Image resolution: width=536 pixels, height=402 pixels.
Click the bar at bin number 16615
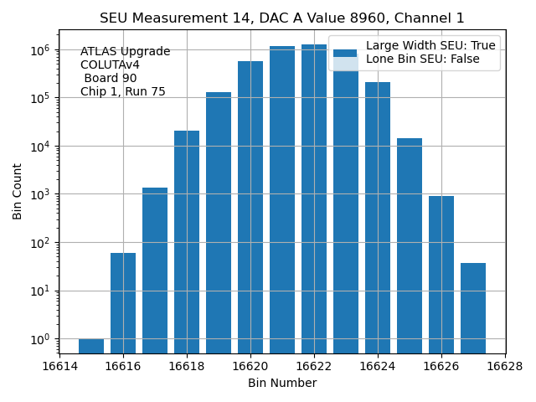pos(91,346)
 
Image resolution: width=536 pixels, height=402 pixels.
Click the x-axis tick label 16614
pos(59,367)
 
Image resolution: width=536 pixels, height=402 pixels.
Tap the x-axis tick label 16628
pos(505,367)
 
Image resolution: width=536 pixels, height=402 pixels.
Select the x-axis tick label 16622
pos(314,367)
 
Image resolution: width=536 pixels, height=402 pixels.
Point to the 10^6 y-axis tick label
pos(39,50)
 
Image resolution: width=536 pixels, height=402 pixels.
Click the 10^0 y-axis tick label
pos(39,339)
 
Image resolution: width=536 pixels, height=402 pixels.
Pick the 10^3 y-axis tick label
pos(39,194)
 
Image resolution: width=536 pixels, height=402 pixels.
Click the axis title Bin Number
pos(282,384)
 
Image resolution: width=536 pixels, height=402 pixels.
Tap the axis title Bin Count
pos(18,194)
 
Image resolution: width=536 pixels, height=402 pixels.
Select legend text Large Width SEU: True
pos(430,45)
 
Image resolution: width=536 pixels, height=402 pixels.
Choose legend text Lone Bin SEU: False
pos(430,60)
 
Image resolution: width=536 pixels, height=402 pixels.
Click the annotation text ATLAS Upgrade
pos(125,52)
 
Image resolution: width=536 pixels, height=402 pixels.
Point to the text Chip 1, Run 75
pos(123,91)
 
